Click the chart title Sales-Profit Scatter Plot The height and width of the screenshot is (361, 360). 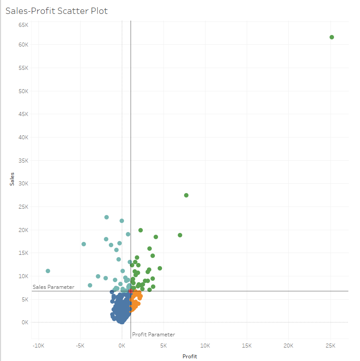pyautogui.click(x=56, y=10)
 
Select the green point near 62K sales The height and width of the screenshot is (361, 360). pyautogui.click(x=332, y=37)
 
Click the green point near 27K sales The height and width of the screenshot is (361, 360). pyautogui.click(x=186, y=195)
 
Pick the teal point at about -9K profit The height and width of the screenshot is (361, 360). pyautogui.click(x=48, y=271)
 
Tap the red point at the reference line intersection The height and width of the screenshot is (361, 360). pyautogui.click(x=130, y=291)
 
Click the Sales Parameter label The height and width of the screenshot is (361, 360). pyautogui.click(x=54, y=287)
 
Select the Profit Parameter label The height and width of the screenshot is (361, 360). pyautogui.click(x=154, y=335)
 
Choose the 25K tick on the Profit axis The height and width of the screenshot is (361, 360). pyautogui.click(x=330, y=345)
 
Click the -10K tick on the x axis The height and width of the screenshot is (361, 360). pyautogui.click(x=38, y=345)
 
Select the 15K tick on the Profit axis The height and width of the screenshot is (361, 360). pyautogui.click(x=247, y=345)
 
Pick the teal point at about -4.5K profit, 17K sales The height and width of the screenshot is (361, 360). pyautogui.click(x=84, y=244)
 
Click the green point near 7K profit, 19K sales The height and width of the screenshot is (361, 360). pyautogui.click(x=180, y=235)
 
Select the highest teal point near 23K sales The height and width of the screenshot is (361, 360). pyautogui.click(x=107, y=217)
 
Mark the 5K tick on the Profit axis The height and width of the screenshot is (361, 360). pyautogui.click(x=163, y=345)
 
